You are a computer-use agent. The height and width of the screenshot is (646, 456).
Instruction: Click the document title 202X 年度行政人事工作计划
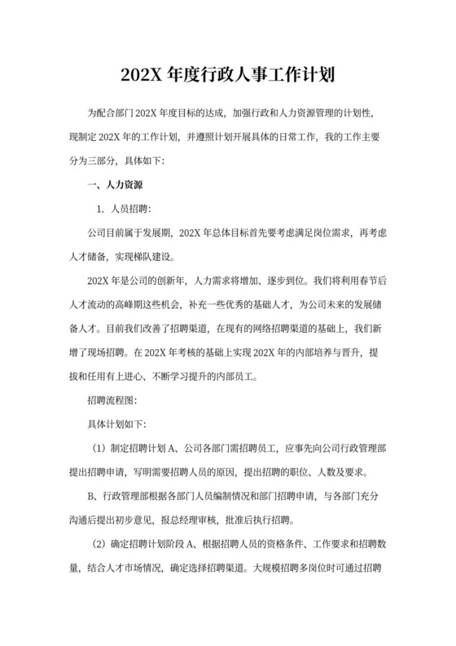coord(227,76)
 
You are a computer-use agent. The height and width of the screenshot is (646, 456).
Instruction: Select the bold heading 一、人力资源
coord(117,186)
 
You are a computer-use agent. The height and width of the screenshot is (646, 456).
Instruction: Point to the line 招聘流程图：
coord(114,402)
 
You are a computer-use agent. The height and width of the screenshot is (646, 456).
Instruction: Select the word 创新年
coord(169,281)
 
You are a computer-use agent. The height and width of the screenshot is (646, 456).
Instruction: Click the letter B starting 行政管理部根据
coord(90,497)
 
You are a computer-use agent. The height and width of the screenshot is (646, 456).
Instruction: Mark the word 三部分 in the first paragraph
coord(101,160)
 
